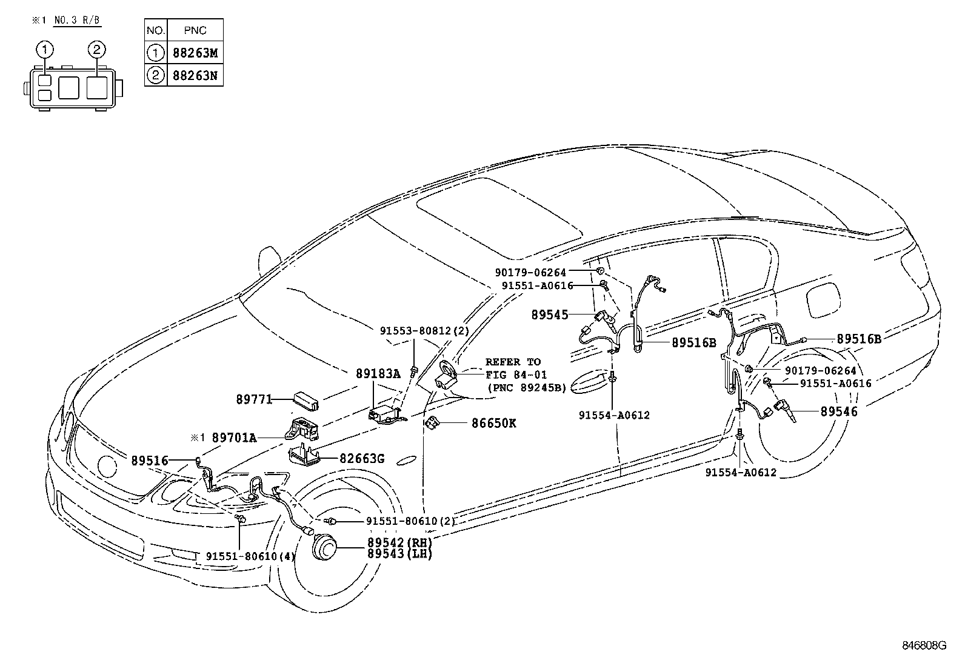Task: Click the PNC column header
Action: click(x=194, y=30)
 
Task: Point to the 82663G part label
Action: click(x=361, y=459)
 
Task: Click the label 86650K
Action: click(x=493, y=423)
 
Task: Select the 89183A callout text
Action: click(x=378, y=375)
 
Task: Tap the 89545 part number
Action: click(x=550, y=315)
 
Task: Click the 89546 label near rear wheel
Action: click(x=839, y=411)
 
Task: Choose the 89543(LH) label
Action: click(x=399, y=553)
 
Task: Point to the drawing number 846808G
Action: click(x=923, y=645)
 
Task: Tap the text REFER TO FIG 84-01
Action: click(x=513, y=368)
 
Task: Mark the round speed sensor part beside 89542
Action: click(x=324, y=548)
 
